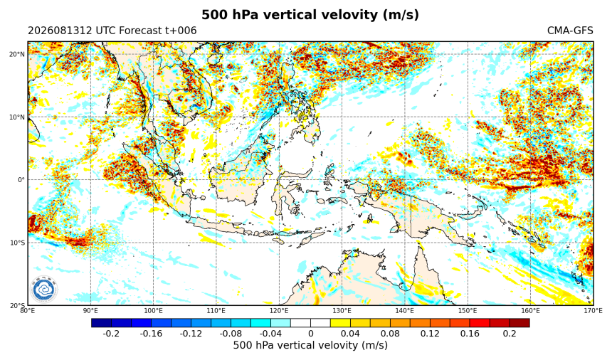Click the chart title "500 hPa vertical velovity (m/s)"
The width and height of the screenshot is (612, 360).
[x=310, y=15]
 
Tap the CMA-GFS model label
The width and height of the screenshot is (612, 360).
[x=570, y=31]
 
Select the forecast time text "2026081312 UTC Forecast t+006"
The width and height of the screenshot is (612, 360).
[x=112, y=31]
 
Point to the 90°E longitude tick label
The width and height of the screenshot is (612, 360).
[x=90, y=310]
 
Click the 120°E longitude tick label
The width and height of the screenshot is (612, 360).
[x=279, y=310]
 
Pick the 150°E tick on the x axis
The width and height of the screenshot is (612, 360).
[x=468, y=310]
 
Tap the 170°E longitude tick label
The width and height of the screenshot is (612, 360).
[x=593, y=310]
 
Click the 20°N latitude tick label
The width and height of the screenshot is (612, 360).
[x=17, y=54]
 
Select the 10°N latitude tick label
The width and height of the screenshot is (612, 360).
[x=17, y=117]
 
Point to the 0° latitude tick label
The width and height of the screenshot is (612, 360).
[x=21, y=180]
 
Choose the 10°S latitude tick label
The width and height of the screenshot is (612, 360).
[x=17, y=243]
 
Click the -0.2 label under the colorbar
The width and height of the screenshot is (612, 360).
[x=111, y=334]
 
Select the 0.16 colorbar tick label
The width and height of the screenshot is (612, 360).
[x=470, y=334]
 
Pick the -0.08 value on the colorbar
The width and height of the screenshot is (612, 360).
[x=231, y=334]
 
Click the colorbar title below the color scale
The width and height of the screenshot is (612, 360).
[x=310, y=345]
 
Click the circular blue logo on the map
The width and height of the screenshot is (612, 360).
[x=44, y=290]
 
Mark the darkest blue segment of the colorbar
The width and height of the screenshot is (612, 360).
[x=102, y=323]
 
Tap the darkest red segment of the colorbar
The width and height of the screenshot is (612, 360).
[x=519, y=323]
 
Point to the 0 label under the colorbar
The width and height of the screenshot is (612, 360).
[x=311, y=334]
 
